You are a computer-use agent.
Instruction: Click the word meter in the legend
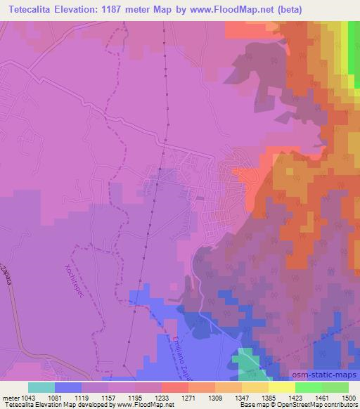pos(11,396)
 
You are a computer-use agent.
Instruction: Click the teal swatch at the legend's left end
pos(41,387)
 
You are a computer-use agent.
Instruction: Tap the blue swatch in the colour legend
pos(67,387)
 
